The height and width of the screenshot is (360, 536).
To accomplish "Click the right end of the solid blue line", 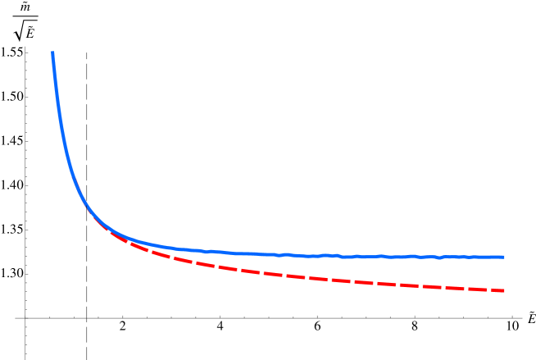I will [x=503, y=257].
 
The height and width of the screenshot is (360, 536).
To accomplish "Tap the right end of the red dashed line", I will [x=503, y=290].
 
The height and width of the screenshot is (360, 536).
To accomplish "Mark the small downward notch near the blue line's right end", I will [x=439, y=257].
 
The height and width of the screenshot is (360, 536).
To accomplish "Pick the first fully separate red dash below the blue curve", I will [x=138, y=248].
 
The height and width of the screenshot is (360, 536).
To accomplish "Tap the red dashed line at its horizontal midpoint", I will [x=279, y=275].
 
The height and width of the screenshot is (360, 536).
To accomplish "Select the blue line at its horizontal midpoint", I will [x=279, y=254].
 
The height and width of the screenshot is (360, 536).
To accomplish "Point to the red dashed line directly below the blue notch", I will [x=439, y=286].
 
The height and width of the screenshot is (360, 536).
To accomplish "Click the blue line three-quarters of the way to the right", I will [x=391, y=256].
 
